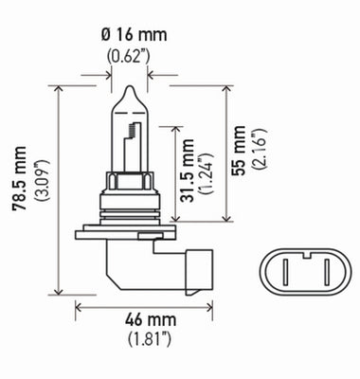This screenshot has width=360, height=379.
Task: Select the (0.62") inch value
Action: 126,55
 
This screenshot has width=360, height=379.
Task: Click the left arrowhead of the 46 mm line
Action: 78,305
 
